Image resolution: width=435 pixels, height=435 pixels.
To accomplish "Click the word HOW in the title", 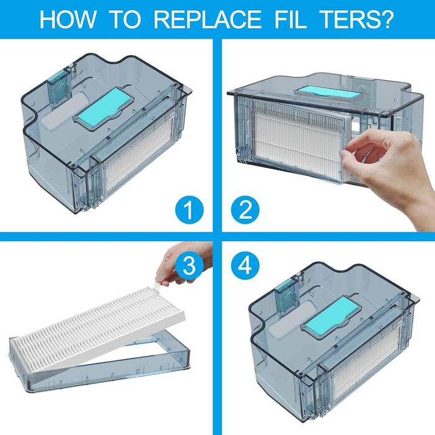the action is [67, 19].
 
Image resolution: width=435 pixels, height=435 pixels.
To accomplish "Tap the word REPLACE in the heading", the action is [208, 19].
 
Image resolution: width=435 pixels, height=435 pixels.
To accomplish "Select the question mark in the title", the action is [387, 19].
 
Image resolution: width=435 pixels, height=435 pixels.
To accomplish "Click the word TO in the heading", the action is [126, 19].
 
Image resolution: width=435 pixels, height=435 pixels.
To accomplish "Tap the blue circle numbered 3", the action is [190, 265].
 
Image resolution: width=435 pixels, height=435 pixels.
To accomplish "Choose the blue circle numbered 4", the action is [245, 265].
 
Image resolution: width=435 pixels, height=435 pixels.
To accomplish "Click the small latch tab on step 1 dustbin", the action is [60, 88].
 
